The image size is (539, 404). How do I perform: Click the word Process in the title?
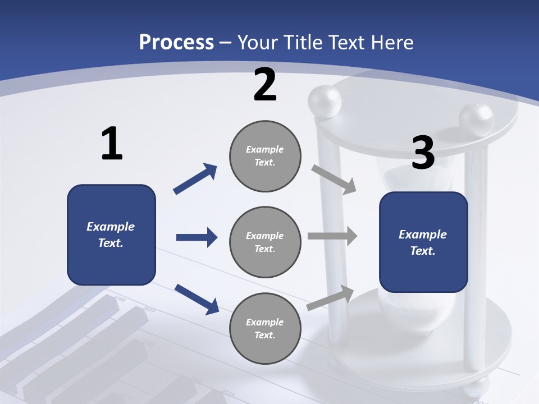point(176,43)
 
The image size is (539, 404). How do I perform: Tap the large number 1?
point(112,144)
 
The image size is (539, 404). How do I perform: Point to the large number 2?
point(265,85)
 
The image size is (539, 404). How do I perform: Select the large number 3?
point(423,153)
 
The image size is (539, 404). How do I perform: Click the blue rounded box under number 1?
point(111,235)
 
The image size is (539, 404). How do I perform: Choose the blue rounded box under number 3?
point(423,242)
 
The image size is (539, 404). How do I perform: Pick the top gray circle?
point(265,156)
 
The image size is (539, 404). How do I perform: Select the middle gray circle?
point(265,242)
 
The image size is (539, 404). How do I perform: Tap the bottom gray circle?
point(265,328)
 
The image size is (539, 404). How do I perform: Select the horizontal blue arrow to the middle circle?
point(197,237)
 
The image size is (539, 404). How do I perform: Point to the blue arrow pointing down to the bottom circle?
point(197,299)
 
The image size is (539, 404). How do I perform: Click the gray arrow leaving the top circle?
point(334,180)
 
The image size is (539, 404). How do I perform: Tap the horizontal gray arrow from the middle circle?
point(332,236)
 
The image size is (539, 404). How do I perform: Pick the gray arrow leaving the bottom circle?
point(330,297)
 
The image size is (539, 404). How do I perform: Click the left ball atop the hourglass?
point(325,102)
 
